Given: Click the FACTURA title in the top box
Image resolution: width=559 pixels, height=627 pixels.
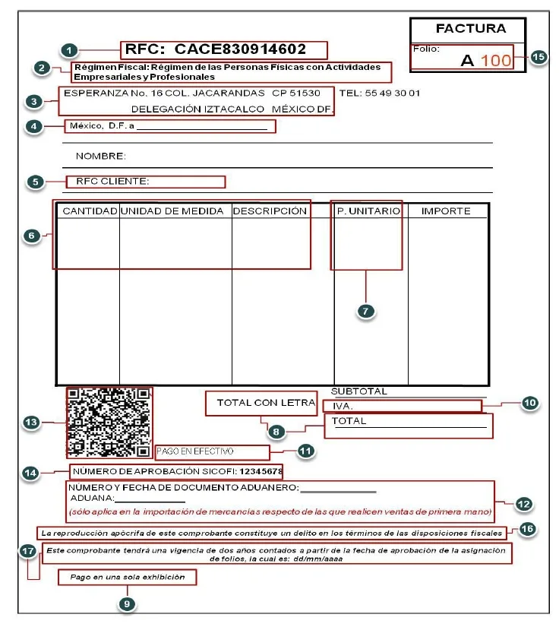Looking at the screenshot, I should click(470, 29).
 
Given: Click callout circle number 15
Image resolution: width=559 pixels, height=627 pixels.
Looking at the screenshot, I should click(538, 58).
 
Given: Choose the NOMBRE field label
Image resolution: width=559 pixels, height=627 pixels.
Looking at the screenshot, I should click(100, 156).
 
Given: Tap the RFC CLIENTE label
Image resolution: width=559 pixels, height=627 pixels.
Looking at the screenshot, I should click(112, 182).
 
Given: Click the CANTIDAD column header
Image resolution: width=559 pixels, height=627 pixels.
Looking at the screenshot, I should click(89, 211).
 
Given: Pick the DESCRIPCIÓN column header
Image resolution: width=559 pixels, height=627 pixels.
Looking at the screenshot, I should click(270, 211).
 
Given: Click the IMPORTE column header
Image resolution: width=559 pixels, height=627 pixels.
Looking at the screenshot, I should click(446, 211).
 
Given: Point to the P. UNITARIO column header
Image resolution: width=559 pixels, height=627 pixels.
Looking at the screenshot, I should click(368, 211).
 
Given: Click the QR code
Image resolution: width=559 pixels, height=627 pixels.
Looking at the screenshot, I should click(108, 423).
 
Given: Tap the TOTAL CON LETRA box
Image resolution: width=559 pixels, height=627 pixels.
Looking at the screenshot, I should click(261, 404).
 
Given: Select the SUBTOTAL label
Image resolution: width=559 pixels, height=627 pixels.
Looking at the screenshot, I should click(359, 391).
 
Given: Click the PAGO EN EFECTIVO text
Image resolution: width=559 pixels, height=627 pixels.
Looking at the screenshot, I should click(190, 451).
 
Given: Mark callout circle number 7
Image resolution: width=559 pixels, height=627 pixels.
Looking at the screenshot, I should click(366, 312).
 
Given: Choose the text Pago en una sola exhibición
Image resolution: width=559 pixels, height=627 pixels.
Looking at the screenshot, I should click(128, 578).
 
